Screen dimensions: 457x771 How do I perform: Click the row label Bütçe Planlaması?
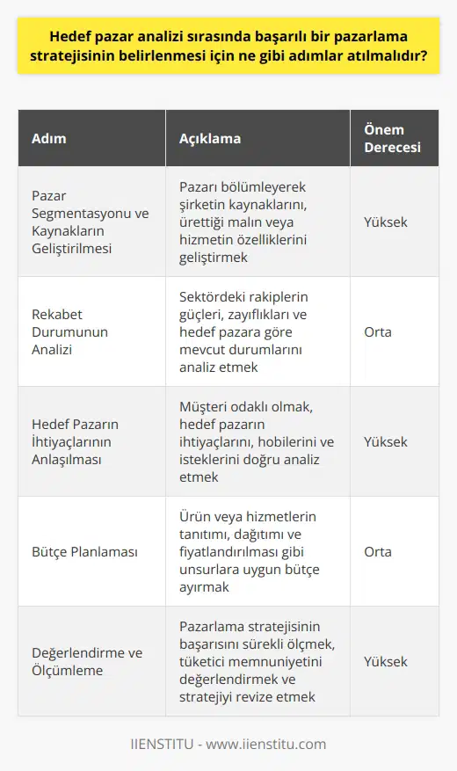[x=86, y=551]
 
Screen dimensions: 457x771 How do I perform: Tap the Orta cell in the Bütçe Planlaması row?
[x=379, y=551]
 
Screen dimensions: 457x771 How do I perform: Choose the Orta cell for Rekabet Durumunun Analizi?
[x=379, y=331]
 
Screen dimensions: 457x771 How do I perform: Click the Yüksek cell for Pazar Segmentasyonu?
[x=386, y=222]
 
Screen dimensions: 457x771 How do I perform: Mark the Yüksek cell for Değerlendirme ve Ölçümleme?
[x=386, y=661]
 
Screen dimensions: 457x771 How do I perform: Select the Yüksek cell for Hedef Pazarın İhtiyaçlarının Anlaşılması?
[x=386, y=441]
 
